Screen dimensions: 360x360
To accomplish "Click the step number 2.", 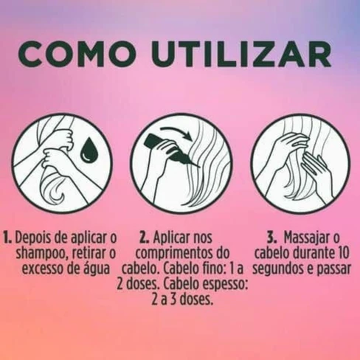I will click(x=144, y=238).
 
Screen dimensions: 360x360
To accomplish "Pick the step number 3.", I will click(x=271, y=238).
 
